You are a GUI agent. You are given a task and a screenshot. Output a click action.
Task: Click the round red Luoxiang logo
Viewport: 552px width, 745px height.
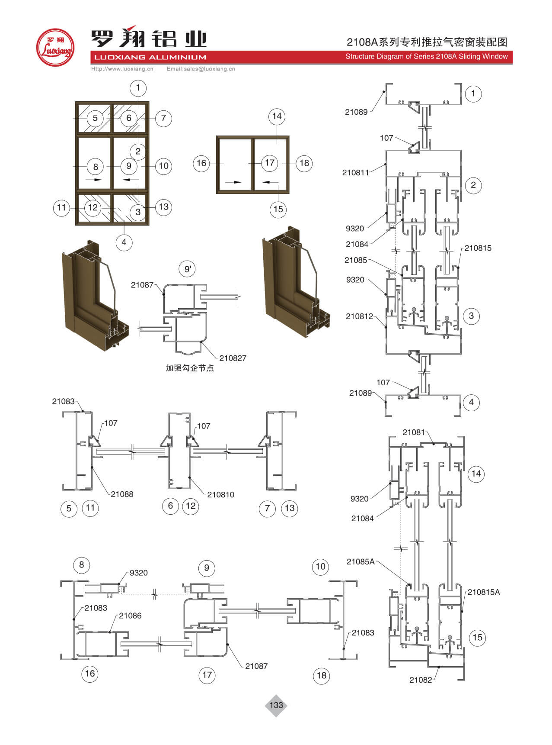55,48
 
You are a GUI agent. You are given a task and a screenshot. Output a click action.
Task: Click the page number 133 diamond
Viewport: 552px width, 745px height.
276,705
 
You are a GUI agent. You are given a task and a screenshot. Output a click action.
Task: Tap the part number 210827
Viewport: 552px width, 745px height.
233,358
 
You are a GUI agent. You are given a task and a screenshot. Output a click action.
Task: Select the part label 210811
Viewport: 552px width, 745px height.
355,172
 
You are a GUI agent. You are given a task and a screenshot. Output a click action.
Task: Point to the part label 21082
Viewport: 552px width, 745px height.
421,680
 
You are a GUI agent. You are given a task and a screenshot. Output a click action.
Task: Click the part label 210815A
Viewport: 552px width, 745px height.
483,592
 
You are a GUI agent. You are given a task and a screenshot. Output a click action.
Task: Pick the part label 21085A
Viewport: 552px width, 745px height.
361,561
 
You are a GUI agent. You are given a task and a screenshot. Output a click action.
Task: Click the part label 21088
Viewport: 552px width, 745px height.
122,494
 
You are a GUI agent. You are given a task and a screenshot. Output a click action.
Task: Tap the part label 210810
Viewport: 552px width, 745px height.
220,494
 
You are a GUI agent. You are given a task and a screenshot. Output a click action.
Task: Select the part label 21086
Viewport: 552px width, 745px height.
130,616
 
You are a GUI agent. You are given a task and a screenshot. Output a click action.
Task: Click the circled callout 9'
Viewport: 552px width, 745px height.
188,269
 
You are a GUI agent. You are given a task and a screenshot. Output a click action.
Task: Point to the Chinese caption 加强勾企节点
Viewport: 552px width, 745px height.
190,368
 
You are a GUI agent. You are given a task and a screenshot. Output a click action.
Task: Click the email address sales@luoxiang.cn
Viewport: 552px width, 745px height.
201,69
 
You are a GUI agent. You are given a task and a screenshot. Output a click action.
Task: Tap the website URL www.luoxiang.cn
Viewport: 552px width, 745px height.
122,69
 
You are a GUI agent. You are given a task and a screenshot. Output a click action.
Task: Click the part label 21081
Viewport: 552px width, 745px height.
414,432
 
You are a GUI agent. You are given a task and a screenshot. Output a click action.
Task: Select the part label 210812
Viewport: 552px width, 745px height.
359,316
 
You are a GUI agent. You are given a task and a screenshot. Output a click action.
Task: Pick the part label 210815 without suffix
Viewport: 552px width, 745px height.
478,248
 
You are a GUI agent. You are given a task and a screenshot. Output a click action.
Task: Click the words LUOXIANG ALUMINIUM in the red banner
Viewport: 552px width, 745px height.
150,57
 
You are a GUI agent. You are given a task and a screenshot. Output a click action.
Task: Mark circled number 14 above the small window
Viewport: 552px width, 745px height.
277,116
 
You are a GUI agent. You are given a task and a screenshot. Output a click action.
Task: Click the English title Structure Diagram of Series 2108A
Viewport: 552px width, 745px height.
426,56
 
